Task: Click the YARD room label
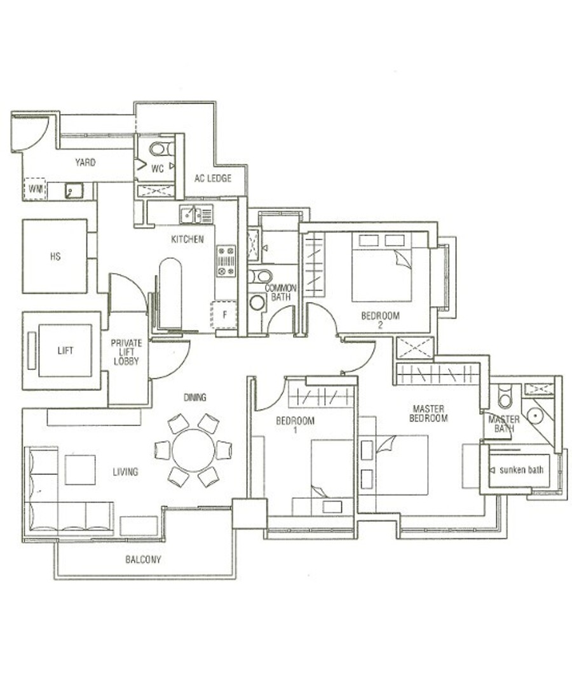pyautogui.click(x=85, y=163)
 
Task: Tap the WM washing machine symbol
pyautogui.click(x=35, y=189)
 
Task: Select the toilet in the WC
pyautogui.click(x=161, y=149)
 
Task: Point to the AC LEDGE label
pyautogui.click(x=213, y=178)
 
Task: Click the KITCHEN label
pyautogui.click(x=187, y=239)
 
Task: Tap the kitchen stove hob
pyautogui.click(x=226, y=261)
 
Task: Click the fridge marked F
pyautogui.click(x=224, y=315)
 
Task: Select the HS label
pyautogui.click(x=55, y=256)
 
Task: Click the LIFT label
pyautogui.click(x=65, y=351)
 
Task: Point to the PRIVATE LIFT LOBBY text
pyautogui.click(x=126, y=352)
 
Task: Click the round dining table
pyautogui.click(x=193, y=450)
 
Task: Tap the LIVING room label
pyautogui.click(x=125, y=472)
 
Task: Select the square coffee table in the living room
pyautogui.click(x=80, y=470)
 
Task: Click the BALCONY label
pyautogui.click(x=144, y=560)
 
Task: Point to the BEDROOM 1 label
pyautogui.click(x=295, y=425)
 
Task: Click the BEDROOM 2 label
pyautogui.click(x=380, y=319)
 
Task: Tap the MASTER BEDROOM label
pyautogui.click(x=428, y=413)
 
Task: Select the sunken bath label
pyautogui.click(x=521, y=470)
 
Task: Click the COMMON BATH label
pyautogui.click(x=280, y=292)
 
